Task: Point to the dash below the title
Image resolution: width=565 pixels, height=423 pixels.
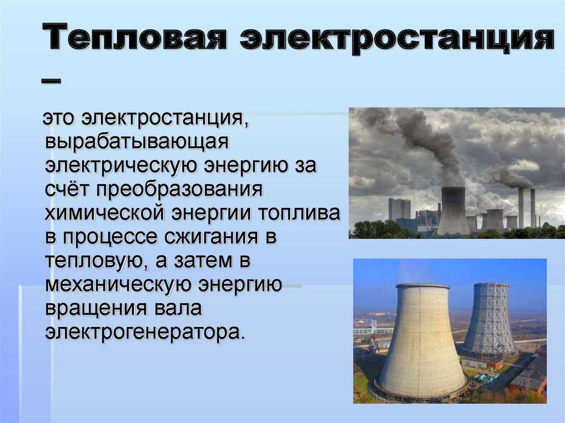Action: pos(51,81)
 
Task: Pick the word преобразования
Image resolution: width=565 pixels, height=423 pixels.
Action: pos(179,190)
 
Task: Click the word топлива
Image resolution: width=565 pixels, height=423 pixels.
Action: pos(299,213)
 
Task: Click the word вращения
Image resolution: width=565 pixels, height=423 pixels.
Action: pos(96,309)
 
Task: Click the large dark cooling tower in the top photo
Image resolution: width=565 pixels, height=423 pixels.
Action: pos(454,211)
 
